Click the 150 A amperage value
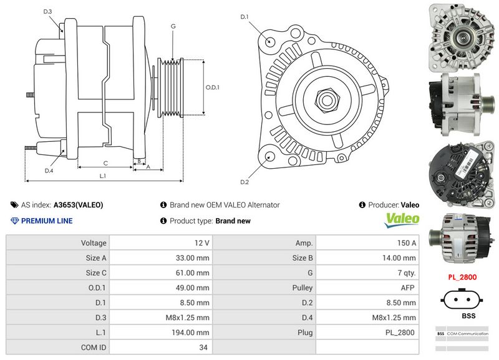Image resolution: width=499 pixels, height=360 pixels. (408, 242)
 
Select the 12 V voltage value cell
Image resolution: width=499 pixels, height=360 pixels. (201, 242)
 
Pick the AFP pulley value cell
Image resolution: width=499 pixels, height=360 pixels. (408, 287)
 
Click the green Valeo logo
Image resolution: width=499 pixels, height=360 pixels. (402, 219)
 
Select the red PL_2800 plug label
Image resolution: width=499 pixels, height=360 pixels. (462, 277)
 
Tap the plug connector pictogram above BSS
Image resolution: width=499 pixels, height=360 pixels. (462, 298)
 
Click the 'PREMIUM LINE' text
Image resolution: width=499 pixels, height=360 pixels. (47, 221)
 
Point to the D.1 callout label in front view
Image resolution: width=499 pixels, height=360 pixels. (245, 16)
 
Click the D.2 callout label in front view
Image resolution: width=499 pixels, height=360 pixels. (245, 182)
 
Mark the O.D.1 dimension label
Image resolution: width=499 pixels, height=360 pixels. (213, 87)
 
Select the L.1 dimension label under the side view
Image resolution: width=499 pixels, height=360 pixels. (103, 176)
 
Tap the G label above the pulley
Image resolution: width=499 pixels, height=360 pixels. (173, 26)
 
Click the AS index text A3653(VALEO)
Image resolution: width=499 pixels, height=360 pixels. (78, 204)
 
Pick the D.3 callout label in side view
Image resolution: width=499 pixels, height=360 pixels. (48, 12)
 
